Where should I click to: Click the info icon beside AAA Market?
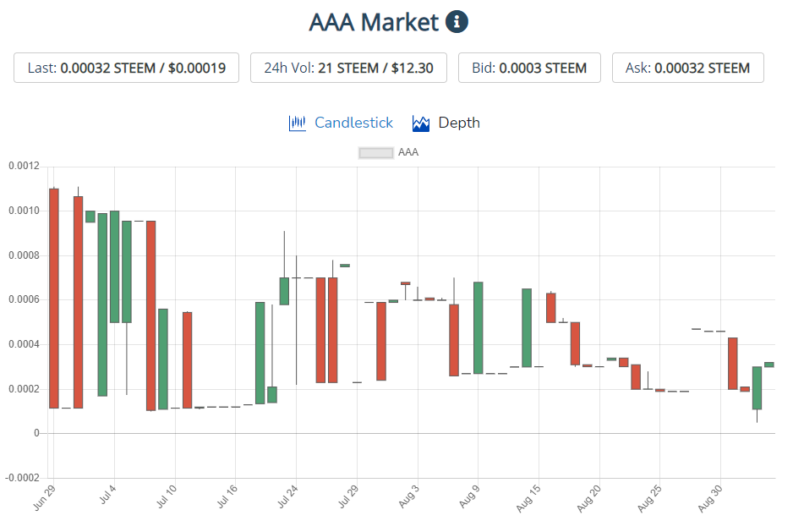point(457,22)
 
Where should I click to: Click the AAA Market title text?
point(375,23)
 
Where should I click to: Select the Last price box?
point(126,68)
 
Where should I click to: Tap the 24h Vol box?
point(348,68)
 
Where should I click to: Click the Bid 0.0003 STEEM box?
point(529,68)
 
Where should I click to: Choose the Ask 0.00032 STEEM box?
point(687,68)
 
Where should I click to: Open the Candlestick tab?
point(341,123)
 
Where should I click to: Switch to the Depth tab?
point(446,123)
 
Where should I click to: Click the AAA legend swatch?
point(376,153)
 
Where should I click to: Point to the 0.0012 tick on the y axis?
point(23,166)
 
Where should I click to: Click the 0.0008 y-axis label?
point(23,255)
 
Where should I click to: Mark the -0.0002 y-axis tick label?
point(21,478)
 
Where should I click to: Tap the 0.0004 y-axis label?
point(23,344)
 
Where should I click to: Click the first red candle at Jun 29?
point(54,298)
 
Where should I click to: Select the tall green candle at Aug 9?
point(478,327)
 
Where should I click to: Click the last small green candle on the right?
point(769,365)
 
